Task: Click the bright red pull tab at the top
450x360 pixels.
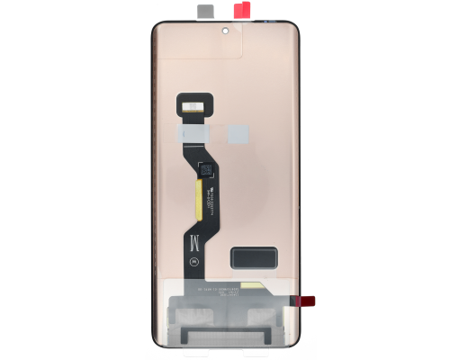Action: point(242,11)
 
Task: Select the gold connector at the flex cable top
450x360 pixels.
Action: point(193,106)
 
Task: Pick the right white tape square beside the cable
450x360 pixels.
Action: point(238,133)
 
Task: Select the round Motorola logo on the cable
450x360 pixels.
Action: point(195,261)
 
